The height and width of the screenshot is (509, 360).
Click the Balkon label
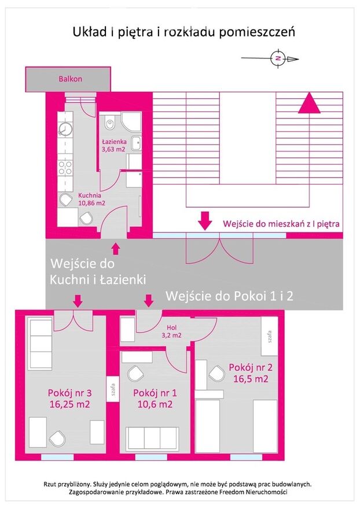tap(70, 79)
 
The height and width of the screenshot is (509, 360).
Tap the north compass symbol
tap(278, 58)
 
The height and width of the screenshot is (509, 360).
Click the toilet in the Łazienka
tap(110, 124)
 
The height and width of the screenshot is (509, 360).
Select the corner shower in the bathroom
tap(131, 122)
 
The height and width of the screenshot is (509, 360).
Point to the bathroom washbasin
tap(137, 143)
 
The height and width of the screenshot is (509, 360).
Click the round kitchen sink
tap(65, 129)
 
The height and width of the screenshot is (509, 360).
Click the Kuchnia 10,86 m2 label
tap(91, 200)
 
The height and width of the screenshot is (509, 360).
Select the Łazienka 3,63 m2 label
tap(113, 145)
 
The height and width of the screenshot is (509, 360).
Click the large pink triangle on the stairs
tap(309, 103)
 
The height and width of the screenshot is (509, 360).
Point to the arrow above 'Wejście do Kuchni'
tap(116, 249)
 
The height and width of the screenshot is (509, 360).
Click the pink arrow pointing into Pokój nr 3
tap(78, 301)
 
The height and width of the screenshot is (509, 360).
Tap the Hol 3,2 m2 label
tap(171, 331)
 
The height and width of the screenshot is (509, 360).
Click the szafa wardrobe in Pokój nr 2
tap(269, 336)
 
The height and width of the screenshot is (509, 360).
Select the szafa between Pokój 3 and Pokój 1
tap(113, 389)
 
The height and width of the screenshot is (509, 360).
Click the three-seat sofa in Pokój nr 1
tap(152, 439)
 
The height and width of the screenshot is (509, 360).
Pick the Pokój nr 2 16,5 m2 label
tap(251, 373)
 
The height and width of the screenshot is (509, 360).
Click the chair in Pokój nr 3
tap(57, 438)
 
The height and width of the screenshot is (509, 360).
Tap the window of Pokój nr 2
tap(246, 457)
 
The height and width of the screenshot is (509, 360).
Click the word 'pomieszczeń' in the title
tap(256, 33)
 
